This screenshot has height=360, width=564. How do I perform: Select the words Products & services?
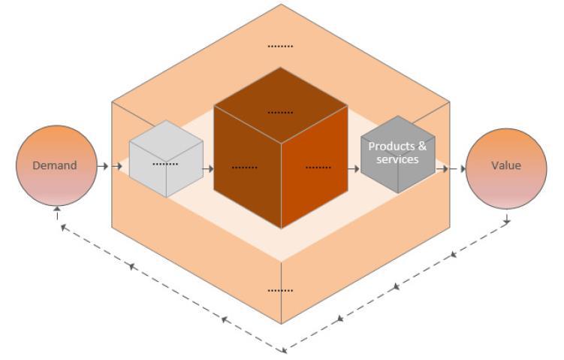[397, 153]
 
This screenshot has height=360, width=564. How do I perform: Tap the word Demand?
[55, 165]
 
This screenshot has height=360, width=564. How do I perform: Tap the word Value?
[505, 165]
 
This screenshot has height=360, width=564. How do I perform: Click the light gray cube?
[165, 159]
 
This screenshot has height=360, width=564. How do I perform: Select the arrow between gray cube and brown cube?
[208, 168]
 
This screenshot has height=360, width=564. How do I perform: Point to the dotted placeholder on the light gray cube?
[165, 163]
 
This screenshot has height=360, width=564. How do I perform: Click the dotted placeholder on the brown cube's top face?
[281, 112]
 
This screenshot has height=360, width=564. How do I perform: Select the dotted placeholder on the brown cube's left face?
[245, 167]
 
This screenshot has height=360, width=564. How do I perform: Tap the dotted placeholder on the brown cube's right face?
[318, 167]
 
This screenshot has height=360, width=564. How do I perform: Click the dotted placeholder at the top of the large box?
[281, 47]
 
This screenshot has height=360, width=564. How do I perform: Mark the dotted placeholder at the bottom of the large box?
[281, 290]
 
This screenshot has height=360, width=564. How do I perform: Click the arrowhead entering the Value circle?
[463, 168]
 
